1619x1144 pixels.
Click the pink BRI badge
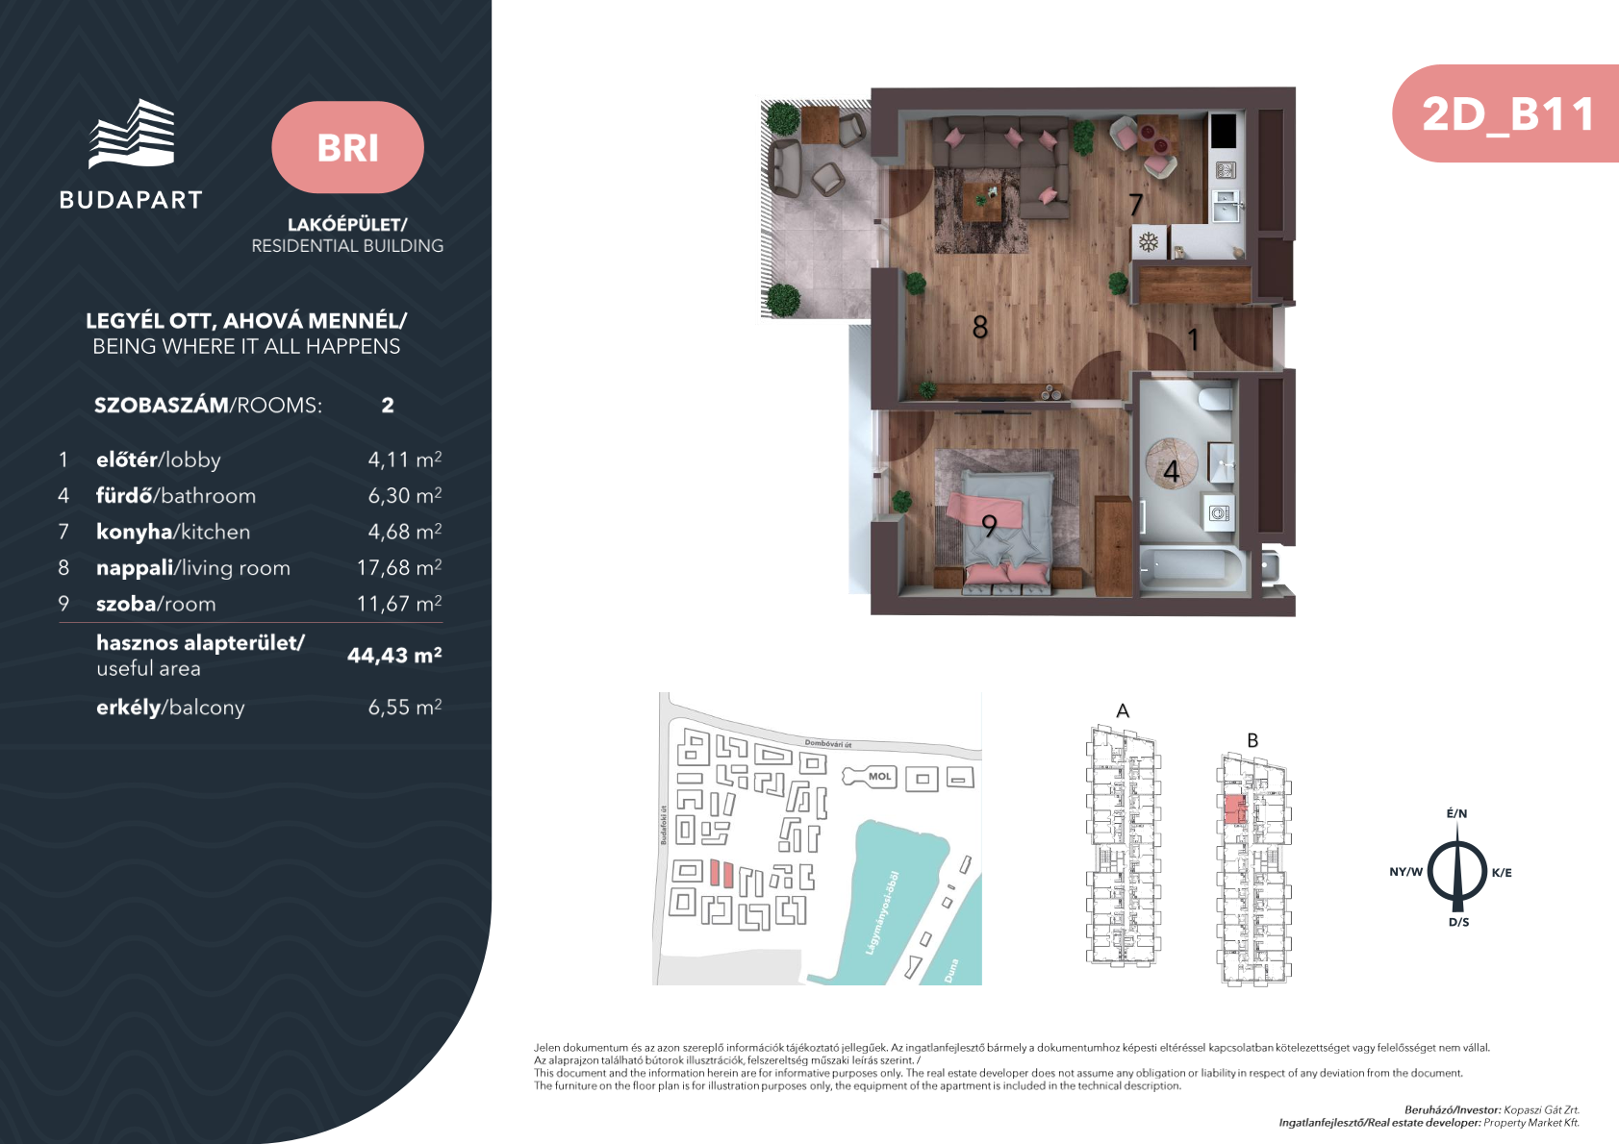[x=347, y=147]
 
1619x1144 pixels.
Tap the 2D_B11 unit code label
[x=1508, y=114]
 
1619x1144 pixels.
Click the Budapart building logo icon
[x=132, y=134]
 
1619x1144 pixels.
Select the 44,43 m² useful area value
[x=394, y=655]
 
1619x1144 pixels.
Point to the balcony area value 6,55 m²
[x=405, y=707]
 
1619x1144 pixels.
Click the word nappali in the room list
[x=136, y=568]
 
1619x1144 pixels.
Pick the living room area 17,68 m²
[x=399, y=567]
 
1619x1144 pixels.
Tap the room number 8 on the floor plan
[x=980, y=327]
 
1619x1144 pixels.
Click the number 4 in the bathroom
[x=1172, y=472]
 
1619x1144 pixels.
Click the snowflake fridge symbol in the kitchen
[x=1149, y=242]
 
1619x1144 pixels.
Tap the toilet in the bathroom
[x=1215, y=399]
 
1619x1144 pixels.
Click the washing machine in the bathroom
[x=1219, y=512]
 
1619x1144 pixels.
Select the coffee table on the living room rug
[x=982, y=202]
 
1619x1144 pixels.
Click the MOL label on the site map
[x=879, y=777]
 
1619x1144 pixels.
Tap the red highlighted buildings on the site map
[x=721, y=873]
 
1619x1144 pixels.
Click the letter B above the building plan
[x=1252, y=740]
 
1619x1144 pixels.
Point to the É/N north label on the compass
[x=1456, y=813]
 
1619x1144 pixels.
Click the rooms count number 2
[x=388, y=405]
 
